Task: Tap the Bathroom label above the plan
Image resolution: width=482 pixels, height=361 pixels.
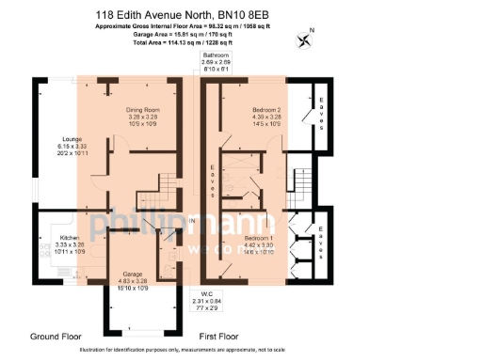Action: click(x=216, y=55)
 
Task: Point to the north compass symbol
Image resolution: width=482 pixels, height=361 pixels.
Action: click(x=304, y=39)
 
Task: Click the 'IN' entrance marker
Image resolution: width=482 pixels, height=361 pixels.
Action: click(x=191, y=220)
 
